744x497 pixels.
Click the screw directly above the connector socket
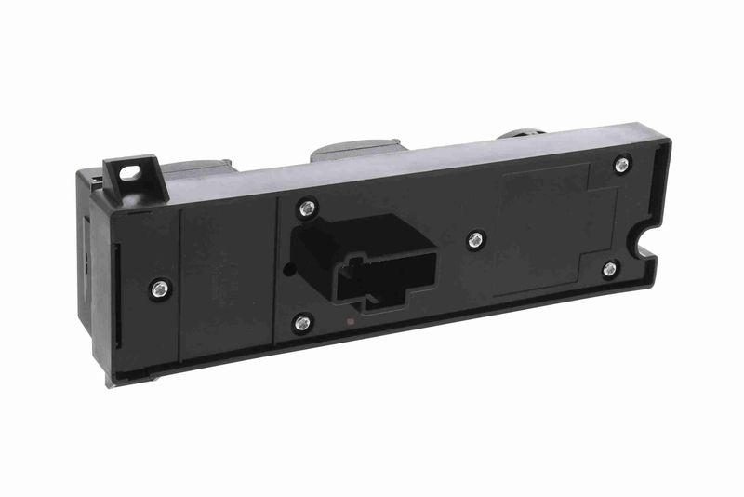coord(306,208)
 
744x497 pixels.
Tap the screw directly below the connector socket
coord(302,323)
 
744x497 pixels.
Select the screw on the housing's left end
coord(159,288)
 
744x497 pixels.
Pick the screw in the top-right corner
coord(622,164)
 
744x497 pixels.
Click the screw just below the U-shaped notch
coord(609,269)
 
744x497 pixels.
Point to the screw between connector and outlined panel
coord(476,240)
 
